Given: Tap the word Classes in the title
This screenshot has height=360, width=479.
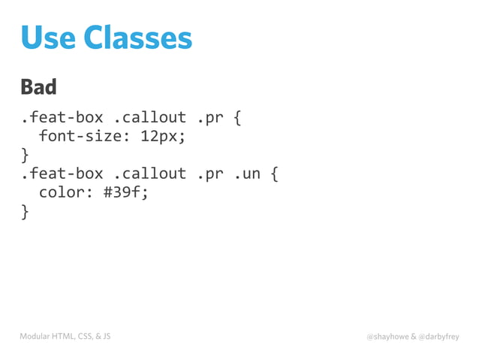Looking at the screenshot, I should pos(138,37).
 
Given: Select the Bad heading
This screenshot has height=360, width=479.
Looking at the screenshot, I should pos(39,87).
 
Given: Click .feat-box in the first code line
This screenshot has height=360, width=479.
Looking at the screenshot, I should pos(62,119).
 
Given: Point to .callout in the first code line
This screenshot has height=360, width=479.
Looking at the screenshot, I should pos(149,119).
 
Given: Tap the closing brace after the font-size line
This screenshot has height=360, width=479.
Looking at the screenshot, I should pos(25,156).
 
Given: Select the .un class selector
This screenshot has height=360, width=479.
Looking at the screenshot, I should pos(247,174).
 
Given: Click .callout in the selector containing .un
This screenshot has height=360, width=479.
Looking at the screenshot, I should pos(149,174).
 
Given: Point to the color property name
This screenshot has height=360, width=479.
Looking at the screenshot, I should pos(62,192).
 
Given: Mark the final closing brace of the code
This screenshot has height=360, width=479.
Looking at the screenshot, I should pos(25,211).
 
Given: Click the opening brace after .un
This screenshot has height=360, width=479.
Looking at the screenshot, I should pos(275,174).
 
